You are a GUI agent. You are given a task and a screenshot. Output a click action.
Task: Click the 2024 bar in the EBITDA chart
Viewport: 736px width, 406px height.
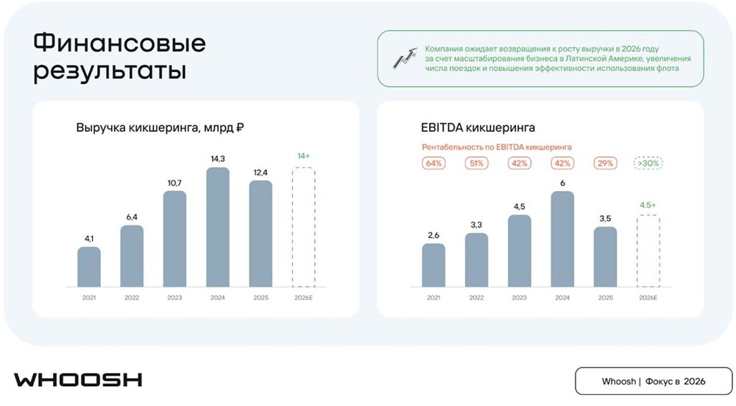click(x=562, y=239)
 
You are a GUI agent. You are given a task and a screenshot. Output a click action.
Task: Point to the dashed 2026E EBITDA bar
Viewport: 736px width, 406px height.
click(x=648, y=251)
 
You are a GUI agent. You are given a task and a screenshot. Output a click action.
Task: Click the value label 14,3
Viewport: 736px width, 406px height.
click(x=218, y=158)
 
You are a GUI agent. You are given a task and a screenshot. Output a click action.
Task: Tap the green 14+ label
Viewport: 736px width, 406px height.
click(x=303, y=156)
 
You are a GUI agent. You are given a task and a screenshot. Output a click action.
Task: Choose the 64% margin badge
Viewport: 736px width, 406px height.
click(x=434, y=164)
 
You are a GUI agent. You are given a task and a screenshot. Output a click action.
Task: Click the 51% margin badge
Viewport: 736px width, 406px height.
click(x=476, y=164)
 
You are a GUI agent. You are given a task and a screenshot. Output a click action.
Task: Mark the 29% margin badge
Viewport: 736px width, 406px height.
click(x=605, y=164)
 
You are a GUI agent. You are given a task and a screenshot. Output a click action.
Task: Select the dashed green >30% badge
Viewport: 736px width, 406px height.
click(x=648, y=164)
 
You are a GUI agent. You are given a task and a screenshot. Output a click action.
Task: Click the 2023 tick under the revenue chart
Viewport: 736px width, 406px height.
click(x=174, y=297)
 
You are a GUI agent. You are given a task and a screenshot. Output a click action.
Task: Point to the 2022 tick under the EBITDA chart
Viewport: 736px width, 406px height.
click(x=476, y=297)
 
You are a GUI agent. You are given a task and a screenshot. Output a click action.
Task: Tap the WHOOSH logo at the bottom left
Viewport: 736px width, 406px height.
click(x=78, y=380)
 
